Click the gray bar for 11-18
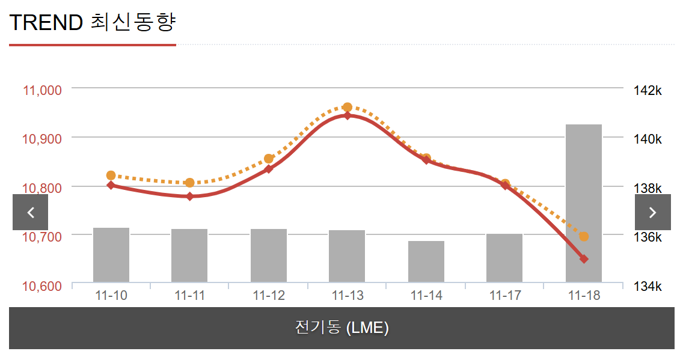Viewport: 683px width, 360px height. point(583,203)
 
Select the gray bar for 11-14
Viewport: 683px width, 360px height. point(426,261)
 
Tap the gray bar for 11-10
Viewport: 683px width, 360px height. point(111,255)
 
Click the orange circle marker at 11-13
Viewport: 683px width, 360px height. point(348,108)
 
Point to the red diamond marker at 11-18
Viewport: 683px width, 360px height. point(584,259)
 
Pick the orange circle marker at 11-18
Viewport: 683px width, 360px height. point(584,237)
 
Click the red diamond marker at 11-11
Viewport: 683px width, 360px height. point(190,197)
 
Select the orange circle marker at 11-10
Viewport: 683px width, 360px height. point(111,175)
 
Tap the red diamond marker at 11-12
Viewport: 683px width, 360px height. point(269,169)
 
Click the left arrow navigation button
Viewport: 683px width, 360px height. point(30,212)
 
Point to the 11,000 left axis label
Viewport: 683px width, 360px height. point(42,90)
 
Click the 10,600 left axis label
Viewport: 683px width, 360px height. point(42,285)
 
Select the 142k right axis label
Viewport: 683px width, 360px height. point(647,91)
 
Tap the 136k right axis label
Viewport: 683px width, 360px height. point(647,237)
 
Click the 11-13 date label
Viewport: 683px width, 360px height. point(348,296)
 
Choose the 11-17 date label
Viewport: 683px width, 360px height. point(505,296)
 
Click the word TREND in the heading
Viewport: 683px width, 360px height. point(46,23)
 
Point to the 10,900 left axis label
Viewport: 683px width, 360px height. point(42,139)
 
